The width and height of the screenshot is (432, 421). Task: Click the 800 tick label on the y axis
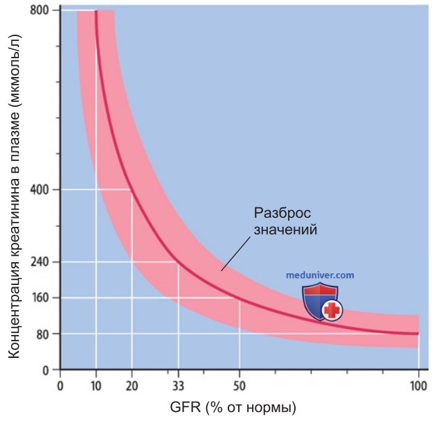click(39, 11)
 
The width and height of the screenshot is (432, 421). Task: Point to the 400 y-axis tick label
click(39, 190)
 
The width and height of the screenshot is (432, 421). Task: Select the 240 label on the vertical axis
click(39, 261)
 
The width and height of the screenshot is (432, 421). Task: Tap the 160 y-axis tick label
click(39, 298)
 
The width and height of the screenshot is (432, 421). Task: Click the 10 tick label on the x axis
click(96, 386)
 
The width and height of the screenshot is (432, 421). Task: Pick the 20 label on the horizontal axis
click(132, 386)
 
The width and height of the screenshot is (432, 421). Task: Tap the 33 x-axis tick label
click(178, 386)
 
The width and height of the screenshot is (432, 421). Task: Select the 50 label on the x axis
click(239, 386)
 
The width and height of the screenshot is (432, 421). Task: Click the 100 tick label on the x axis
click(418, 386)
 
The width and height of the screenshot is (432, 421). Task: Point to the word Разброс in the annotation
click(282, 214)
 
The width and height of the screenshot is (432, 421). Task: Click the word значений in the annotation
click(285, 230)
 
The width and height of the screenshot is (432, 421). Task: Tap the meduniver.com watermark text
click(320, 275)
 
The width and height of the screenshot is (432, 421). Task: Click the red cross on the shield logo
click(332, 310)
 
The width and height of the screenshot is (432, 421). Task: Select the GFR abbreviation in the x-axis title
click(186, 407)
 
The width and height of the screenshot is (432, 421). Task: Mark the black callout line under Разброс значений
click(236, 254)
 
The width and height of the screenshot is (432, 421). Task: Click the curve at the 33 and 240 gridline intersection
click(178, 262)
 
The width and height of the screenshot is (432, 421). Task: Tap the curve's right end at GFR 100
click(417, 334)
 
